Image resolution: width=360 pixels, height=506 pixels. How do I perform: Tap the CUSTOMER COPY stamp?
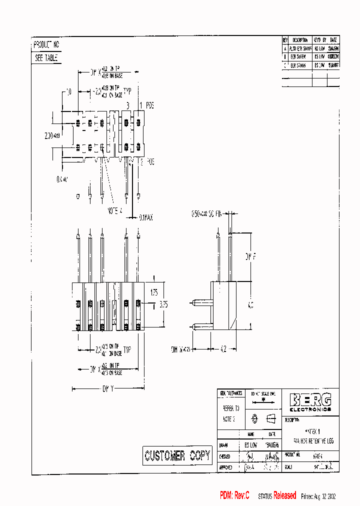click(177, 455)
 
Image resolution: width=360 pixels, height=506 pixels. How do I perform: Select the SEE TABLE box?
click(46, 58)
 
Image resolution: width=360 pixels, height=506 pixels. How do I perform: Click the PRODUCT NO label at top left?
click(46, 44)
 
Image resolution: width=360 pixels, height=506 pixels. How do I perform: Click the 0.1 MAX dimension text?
click(145, 217)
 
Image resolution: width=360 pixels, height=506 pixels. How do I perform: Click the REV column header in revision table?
click(285, 40)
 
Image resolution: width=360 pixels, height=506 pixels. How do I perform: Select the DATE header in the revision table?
click(333, 40)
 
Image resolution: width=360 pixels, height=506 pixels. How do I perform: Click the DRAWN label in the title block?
click(223, 444)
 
